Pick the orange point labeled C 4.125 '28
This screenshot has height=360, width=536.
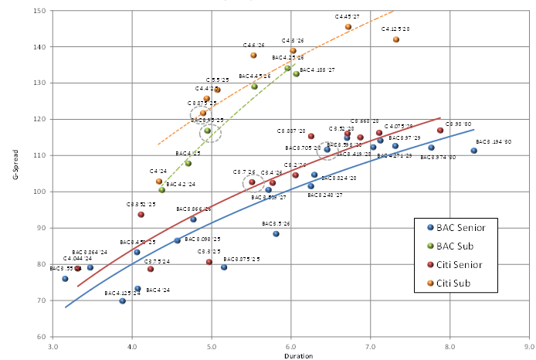396,39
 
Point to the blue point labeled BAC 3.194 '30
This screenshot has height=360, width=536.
474,151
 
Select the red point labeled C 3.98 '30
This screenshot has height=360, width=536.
440,131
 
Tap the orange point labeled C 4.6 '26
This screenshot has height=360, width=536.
253,56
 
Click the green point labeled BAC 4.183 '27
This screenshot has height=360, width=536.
296,74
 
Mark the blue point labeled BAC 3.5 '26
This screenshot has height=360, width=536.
276,234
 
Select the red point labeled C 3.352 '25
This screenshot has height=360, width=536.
141,215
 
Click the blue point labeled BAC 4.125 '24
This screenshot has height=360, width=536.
122,301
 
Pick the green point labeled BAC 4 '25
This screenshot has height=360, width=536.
188,164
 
